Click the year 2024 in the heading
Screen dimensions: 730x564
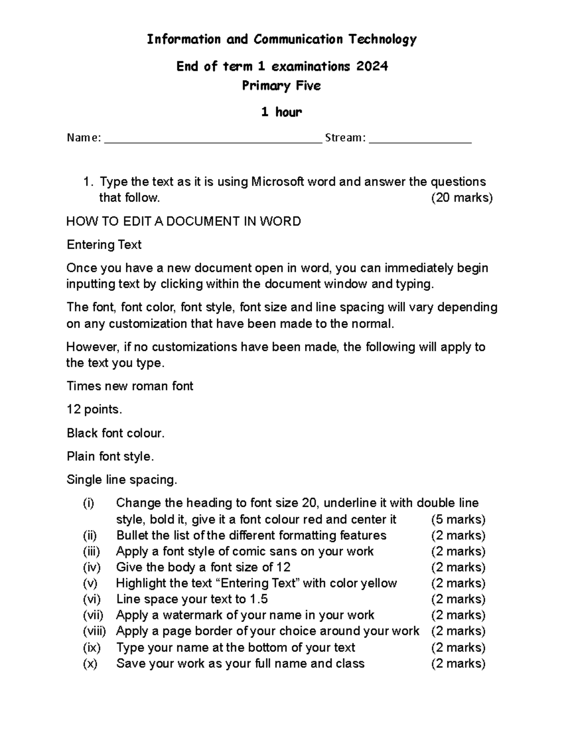click(x=372, y=66)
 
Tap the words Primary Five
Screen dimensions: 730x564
click(x=282, y=86)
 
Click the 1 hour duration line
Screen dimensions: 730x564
click(x=282, y=112)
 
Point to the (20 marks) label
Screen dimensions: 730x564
click(x=462, y=198)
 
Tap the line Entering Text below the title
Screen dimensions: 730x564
click(x=104, y=245)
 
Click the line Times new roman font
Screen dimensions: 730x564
click(x=130, y=386)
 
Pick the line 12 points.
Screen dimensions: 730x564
click(x=94, y=409)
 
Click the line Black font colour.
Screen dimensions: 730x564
click(x=116, y=433)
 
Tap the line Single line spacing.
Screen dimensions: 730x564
click(x=122, y=480)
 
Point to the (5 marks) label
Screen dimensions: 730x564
click(x=458, y=519)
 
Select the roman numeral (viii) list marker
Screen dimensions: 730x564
click(x=94, y=631)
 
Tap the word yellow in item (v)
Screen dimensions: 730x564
click(x=378, y=583)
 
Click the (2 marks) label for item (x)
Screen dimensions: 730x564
click(x=458, y=663)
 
